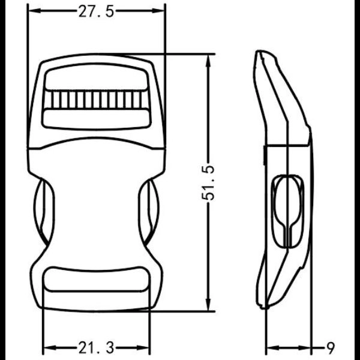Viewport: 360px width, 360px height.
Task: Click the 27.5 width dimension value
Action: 96,12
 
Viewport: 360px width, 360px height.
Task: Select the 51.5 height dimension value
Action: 209,182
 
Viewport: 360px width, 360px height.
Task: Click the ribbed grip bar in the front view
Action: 97,99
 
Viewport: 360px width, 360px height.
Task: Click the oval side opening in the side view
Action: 288,210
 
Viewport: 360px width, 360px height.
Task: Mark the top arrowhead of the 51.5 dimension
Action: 209,58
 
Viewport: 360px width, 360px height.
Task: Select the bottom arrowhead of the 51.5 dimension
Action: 209,307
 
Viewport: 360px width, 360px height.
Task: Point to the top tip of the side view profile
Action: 259,53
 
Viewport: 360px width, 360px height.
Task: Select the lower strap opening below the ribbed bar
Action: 97,118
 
